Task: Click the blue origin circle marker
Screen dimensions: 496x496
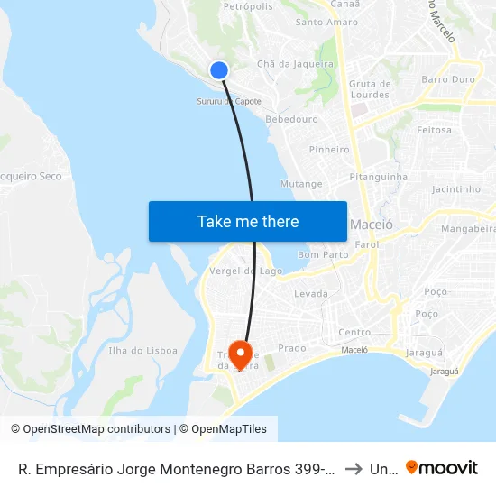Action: coord(218,70)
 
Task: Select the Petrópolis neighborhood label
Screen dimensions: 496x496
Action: coord(247,6)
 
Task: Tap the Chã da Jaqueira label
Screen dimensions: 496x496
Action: coord(296,64)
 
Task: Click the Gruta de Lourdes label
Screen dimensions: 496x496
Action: coord(370,89)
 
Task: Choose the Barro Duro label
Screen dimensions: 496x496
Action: coord(448,79)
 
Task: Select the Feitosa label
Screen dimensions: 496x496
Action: coord(434,130)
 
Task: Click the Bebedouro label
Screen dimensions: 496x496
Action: coord(292,119)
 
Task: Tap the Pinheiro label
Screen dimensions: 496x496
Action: coord(329,150)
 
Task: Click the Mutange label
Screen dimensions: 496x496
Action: coord(301,184)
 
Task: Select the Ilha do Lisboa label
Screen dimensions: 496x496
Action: coord(142,351)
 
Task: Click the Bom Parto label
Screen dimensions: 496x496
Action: coord(323,255)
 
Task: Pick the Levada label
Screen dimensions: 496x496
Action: coord(311,294)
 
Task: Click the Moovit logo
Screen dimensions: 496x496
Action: coord(442,468)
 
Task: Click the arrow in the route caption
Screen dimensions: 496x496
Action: coord(354,469)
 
